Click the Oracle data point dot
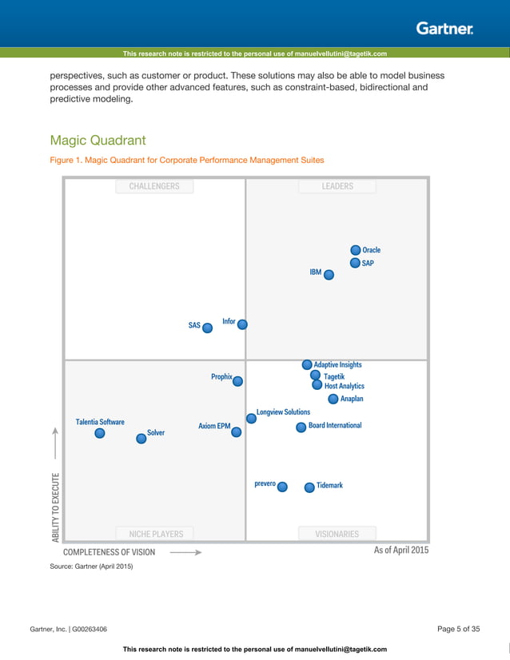pos(356,250)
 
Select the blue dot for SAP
pos(355,263)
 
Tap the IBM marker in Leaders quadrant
pos(329,274)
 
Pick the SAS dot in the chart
pos(208,327)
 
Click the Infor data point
pos(242,324)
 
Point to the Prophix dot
pos(237,381)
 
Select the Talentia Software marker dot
pos(100,433)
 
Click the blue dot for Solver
pos(141,438)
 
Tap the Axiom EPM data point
pos(236,431)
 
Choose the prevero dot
pos(282,487)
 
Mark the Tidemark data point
pos(309,487)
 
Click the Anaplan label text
pos(352,399)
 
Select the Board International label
pos(335,426)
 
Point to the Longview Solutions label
pos(283,412)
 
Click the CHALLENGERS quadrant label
pos(154,186)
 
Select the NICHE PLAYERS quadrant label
pos(156,534)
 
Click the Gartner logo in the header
pos(444,29)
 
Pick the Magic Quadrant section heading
pos(98,141)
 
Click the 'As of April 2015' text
pos(401,551)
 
